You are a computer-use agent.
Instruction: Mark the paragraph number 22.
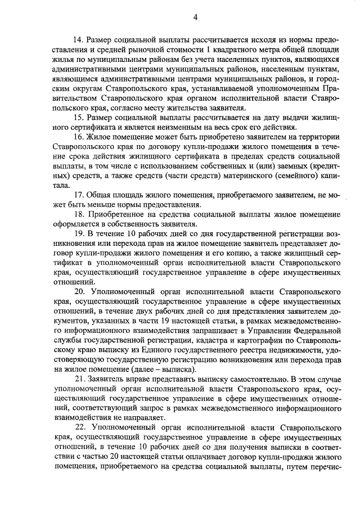pyautogui.click(x=80, y=427)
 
